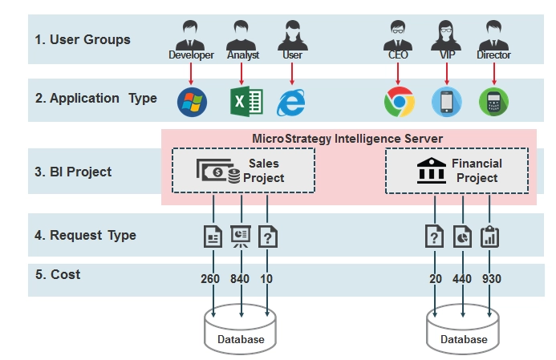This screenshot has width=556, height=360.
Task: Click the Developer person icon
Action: (190, 35)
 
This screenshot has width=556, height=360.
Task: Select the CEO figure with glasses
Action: (397, 35)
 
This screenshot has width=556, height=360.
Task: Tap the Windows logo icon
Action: (192, 102)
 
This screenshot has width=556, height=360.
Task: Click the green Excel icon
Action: (246, 102)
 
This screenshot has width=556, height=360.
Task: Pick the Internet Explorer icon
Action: (290, 103)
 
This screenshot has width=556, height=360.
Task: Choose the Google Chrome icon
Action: (400, 102)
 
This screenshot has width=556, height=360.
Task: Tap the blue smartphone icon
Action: (446, 102)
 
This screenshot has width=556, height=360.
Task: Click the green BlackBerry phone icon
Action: (493, 102)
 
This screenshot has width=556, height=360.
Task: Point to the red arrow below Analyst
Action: (241, 74)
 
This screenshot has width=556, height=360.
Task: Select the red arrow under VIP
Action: (446, 74)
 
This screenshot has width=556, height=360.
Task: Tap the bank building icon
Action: (431, 171)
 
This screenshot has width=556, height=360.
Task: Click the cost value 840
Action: (240, 279)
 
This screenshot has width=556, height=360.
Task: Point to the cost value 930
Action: (492, 279)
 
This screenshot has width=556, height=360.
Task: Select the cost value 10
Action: (266, 279)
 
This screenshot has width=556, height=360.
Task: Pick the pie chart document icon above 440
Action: (462, 237)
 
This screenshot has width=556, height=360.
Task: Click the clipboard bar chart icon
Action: (489, 237)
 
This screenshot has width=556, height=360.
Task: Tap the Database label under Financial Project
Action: (464, 339)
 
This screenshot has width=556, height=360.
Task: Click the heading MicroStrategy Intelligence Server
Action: (347, 139)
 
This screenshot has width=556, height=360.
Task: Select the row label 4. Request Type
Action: (85, 235)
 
